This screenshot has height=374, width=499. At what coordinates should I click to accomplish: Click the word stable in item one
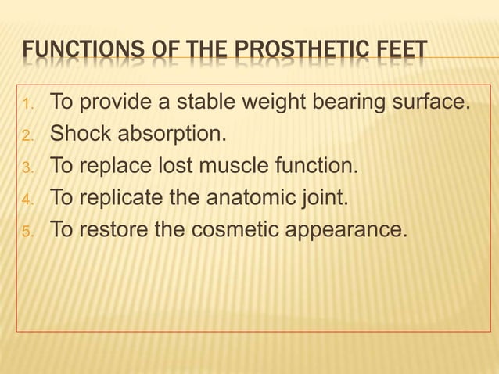pyautogui.click(x=213, y=102)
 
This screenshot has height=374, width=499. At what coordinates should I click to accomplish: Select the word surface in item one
pyautogui.click(x=430, y=102)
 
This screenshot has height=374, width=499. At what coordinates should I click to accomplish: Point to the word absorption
pyautogui.click(x=170, y=135)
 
